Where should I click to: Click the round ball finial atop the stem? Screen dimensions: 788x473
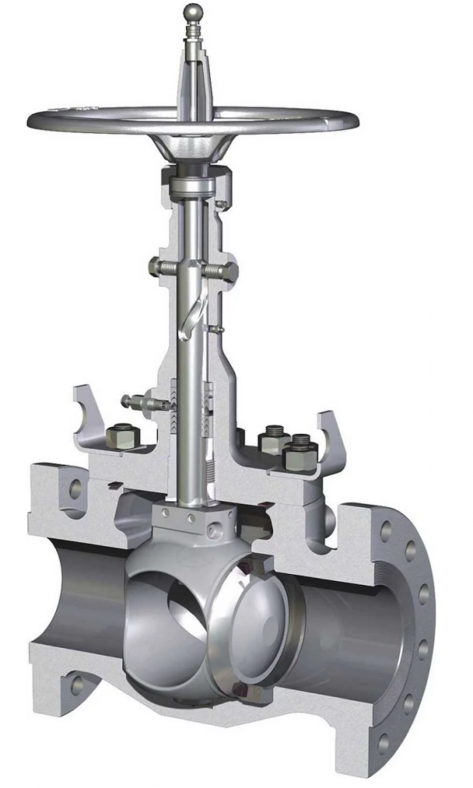click(192, 12)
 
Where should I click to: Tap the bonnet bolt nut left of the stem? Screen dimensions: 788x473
click(122, 438)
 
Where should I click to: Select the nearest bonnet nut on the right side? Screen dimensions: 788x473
click(299, 456)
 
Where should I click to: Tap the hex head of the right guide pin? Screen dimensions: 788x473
click(228, 272)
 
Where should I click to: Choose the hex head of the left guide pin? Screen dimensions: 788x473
click(155, 267)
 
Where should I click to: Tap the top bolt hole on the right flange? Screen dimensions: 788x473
click(385, 531)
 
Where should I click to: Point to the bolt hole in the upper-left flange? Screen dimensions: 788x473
click(75, 487)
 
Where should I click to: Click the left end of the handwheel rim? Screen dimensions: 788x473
click(35, 121)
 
